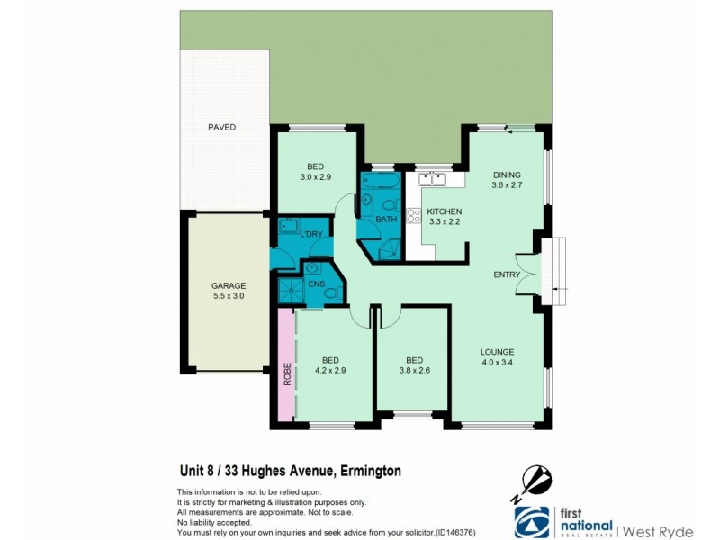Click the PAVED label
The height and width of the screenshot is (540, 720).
point(220,128)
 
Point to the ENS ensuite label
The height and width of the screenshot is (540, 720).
point(316,283)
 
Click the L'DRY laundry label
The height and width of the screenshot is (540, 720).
point(310,234)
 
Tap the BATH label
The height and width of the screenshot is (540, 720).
point(387,219)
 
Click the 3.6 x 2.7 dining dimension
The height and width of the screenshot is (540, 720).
point(507,185)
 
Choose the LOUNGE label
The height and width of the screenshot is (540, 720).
point(497,352)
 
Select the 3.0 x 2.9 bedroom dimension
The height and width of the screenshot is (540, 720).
point(316,177)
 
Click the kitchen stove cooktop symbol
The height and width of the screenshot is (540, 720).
point(415,215)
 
